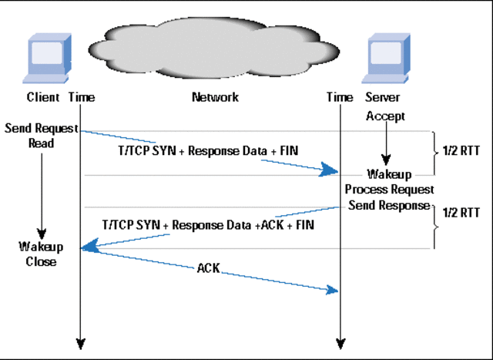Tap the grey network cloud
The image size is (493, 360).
214,46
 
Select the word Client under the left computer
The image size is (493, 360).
42,97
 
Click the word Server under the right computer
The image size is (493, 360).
383,97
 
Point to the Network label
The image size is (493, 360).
215,97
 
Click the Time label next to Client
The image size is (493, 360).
82,97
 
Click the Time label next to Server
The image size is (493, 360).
339,97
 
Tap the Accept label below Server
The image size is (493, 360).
385,116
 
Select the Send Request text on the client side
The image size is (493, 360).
41,128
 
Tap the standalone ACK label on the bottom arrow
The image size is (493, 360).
209,268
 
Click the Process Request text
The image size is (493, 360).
389,190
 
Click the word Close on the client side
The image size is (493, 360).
41,261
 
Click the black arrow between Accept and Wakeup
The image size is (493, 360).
386,143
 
